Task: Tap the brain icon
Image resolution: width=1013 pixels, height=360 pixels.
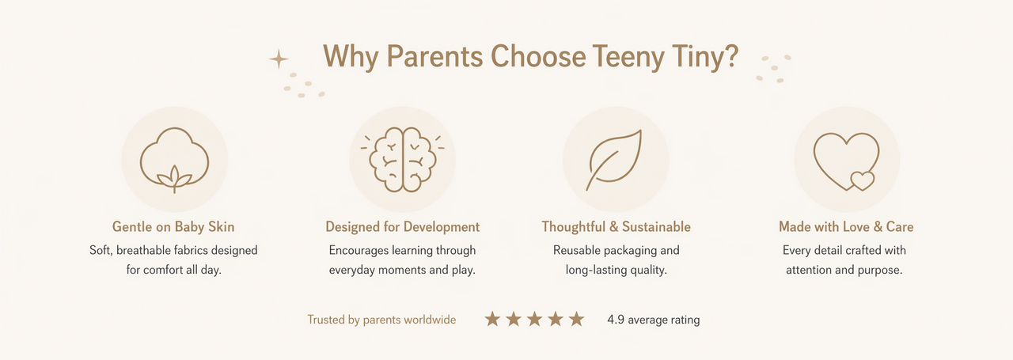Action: (403, 159)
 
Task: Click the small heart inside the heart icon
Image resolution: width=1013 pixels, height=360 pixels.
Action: (863, 180)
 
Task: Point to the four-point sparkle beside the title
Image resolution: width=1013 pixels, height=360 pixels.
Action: (279, 59)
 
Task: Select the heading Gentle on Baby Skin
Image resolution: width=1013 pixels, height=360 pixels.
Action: (173, 226)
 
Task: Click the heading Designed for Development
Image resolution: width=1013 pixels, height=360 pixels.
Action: (403, 226)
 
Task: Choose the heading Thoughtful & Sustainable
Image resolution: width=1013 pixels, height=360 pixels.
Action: (616, 226)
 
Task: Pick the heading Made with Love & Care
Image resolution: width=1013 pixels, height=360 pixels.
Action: (846, 226)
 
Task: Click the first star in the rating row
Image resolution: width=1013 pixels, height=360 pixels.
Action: (492, 319)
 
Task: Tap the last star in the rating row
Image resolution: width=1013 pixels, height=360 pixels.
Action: (577, 319)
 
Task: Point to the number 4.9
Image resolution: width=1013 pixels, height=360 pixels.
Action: (616, 320)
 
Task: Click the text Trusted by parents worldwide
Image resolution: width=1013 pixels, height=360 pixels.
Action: (381, 320)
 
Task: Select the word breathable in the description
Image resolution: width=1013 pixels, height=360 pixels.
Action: (143, 250)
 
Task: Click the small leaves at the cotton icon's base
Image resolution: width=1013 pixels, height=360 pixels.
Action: (175, 179)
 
